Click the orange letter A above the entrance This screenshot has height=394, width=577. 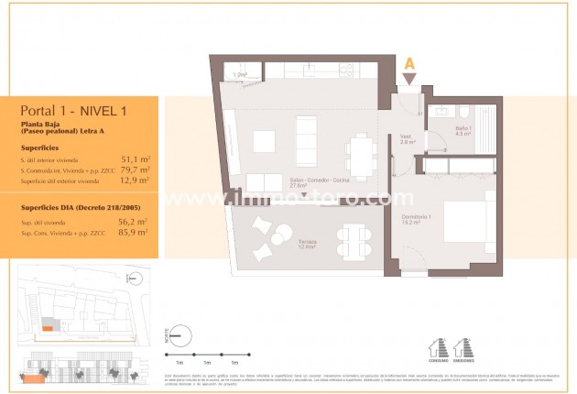(409, 64)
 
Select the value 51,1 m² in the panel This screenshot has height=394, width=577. (135, 159)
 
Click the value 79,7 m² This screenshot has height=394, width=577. (135, 170)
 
